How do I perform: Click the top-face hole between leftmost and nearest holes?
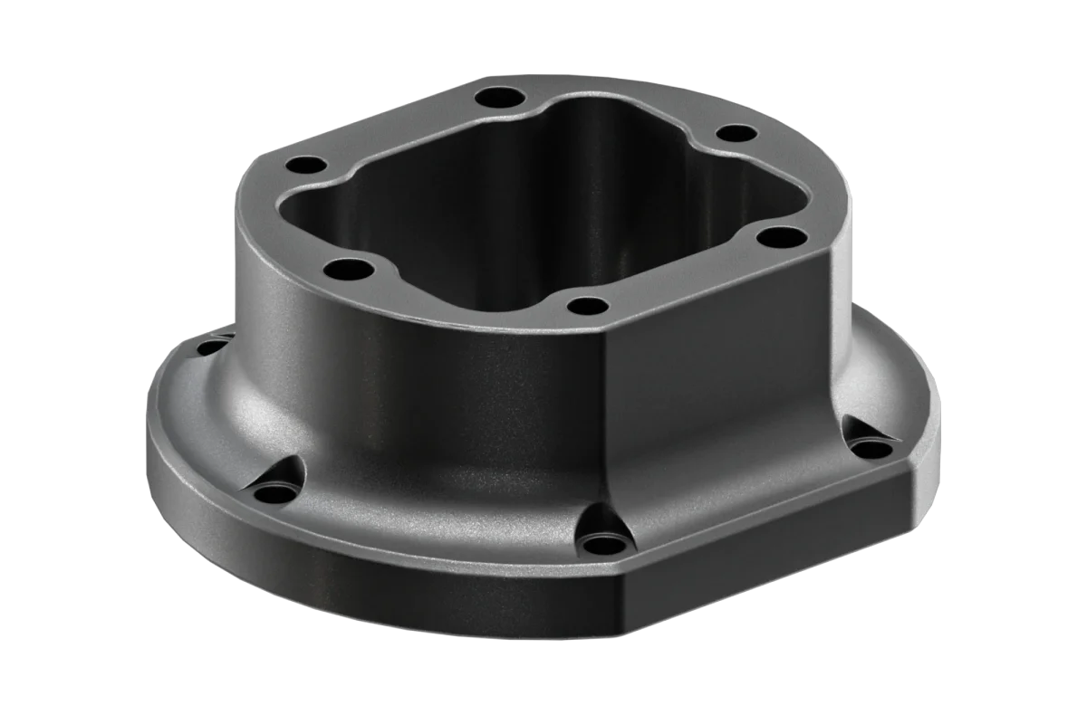[x=345, y=268]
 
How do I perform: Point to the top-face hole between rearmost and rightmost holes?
[x=736, y=133]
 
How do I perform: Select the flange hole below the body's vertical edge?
[x=599, y=544]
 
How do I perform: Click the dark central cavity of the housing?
[x=507, y=208]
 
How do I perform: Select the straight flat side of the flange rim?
[x=770, y=552]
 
